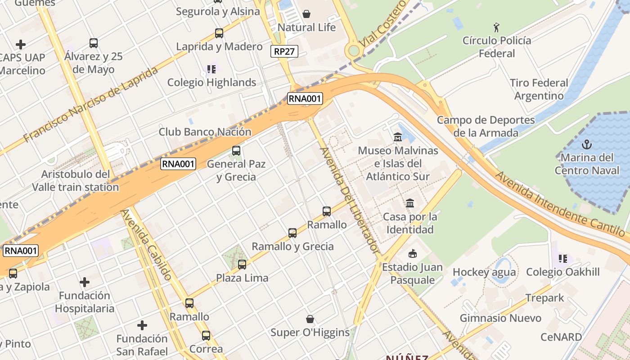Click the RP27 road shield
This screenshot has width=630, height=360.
click(285, 51)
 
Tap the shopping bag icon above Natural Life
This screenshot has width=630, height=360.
click(306, 14)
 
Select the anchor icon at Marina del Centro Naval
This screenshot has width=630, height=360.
click(586, 144)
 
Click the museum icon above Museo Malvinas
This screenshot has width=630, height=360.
click(398, 137)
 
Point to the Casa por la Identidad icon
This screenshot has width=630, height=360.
click(409, 203)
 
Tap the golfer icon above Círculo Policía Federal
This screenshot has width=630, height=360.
click(496, 27)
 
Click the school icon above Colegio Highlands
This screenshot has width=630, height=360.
click(211, 69)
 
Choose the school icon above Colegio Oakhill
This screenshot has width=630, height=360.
click(562, 259)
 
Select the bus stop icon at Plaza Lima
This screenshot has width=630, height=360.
click(242, 265)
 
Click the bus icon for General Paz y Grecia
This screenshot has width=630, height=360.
click(236, 151)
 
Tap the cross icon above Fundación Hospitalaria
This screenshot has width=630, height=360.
click(84, 282)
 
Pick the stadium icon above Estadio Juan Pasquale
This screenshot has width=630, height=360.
click(412, 254)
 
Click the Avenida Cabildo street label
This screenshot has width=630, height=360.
click(147, 244)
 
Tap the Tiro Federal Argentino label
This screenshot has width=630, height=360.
click(539, 90)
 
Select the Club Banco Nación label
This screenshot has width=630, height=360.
click(205, 132)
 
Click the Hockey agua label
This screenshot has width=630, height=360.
click(484, 272)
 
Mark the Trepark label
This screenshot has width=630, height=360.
click(544, 298)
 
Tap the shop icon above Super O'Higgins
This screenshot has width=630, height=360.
click(310, 319)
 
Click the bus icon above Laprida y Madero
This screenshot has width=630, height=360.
click(219, 33)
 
